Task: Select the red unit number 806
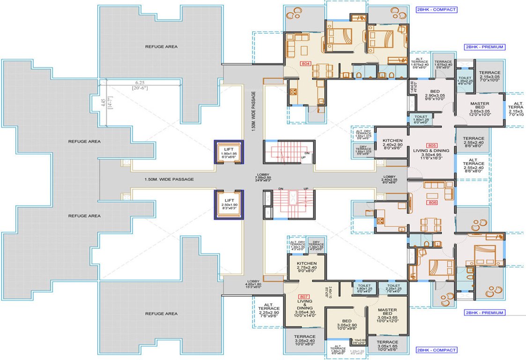(x=432, y=202)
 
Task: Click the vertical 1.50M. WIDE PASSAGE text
(x=253, y=111)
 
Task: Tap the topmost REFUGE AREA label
(x=161, y=47)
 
